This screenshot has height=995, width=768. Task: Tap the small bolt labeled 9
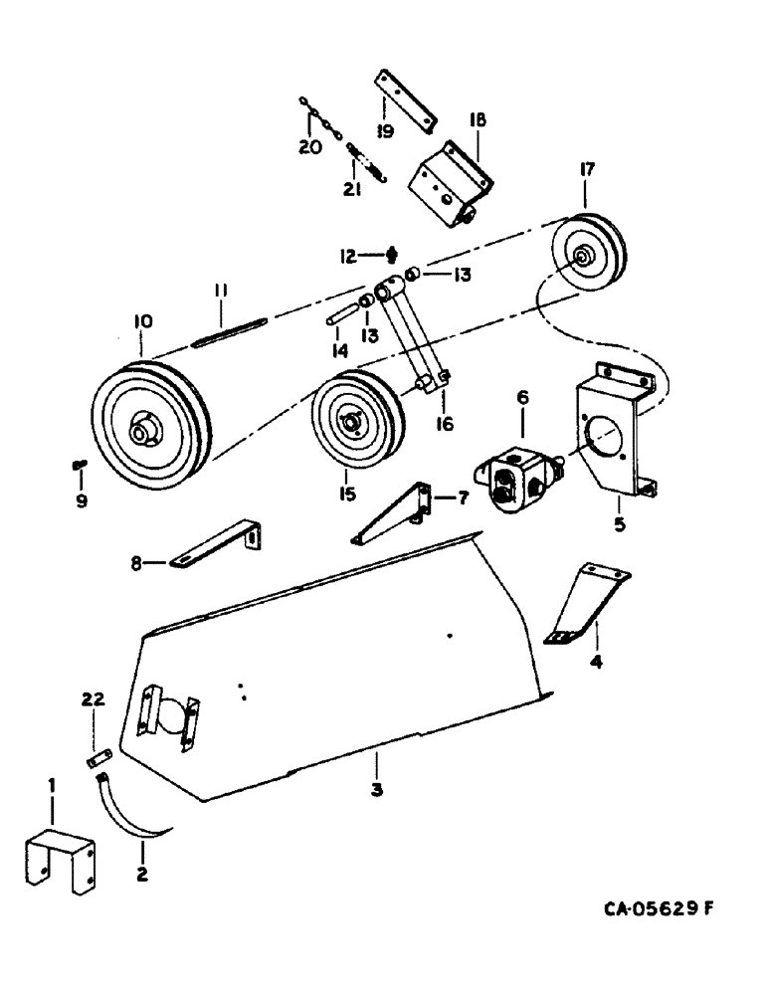pos(80,464)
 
